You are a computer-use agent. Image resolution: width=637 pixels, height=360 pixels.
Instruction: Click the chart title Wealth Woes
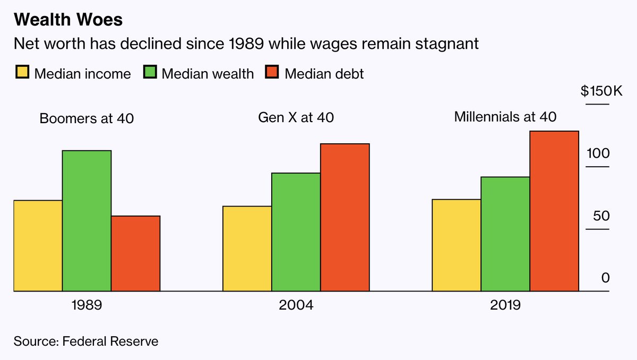[68, 20]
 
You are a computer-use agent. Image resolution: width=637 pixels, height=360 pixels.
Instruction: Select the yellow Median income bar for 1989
[38, 246]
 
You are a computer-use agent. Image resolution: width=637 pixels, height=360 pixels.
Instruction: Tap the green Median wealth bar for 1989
[87, 221]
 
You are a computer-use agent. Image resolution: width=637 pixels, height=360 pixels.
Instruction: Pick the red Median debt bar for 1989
[135, 253]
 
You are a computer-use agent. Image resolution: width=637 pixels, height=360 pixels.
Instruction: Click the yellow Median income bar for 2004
[247, 248]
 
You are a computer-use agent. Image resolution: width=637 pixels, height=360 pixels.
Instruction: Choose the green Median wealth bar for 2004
[296, 232]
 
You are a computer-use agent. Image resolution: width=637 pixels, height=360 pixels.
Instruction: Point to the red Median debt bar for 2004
[345, 217]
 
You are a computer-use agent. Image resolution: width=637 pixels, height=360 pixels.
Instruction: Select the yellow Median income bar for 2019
[456, 245]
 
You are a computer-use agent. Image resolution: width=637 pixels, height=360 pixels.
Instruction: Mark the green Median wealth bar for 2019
[505, 234]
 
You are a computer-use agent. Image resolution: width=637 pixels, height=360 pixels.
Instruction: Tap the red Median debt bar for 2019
[554, 211]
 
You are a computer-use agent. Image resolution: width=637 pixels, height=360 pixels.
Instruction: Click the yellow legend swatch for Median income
[22, 73]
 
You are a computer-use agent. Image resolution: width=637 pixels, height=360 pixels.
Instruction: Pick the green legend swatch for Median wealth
[149, 73]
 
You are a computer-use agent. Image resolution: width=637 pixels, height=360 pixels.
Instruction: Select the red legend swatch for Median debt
[272, 73]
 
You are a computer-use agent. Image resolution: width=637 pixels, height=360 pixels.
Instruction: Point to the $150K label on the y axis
[601, 91]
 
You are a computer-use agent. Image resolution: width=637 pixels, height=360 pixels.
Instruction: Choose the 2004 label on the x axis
[296, 306]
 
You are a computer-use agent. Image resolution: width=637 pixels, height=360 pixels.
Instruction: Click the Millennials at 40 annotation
[505, 116]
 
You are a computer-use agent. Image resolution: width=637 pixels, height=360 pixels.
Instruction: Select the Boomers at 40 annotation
[87, 118]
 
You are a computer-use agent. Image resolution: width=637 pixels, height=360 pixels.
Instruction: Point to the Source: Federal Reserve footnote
[86, 341]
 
